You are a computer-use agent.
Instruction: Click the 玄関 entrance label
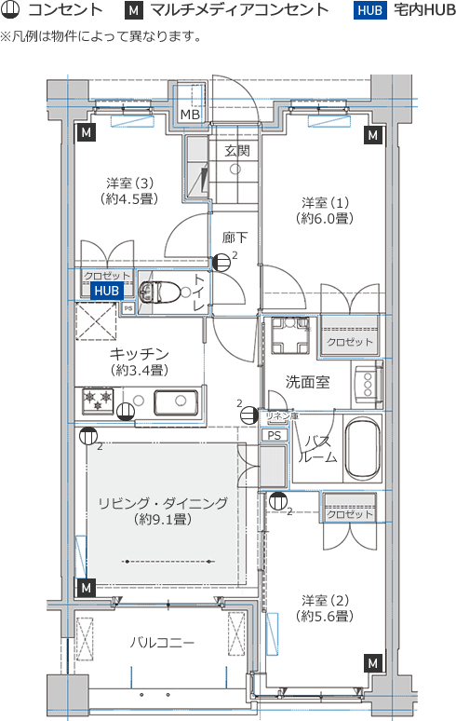236,151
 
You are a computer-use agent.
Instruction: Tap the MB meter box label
190,115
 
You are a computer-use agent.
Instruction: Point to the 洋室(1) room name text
324,202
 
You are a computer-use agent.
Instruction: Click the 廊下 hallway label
235,237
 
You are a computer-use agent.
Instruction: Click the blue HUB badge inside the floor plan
106,291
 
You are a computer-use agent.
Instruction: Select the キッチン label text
139,353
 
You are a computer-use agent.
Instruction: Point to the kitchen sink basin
175,403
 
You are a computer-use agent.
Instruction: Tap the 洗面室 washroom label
307,381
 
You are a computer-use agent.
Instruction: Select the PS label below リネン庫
274,434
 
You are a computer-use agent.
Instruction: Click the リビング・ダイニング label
162,502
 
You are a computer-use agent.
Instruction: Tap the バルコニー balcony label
162,643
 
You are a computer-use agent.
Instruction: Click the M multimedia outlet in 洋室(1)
373,135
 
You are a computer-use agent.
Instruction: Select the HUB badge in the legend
369,11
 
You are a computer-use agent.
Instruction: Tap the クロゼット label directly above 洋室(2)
350,514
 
